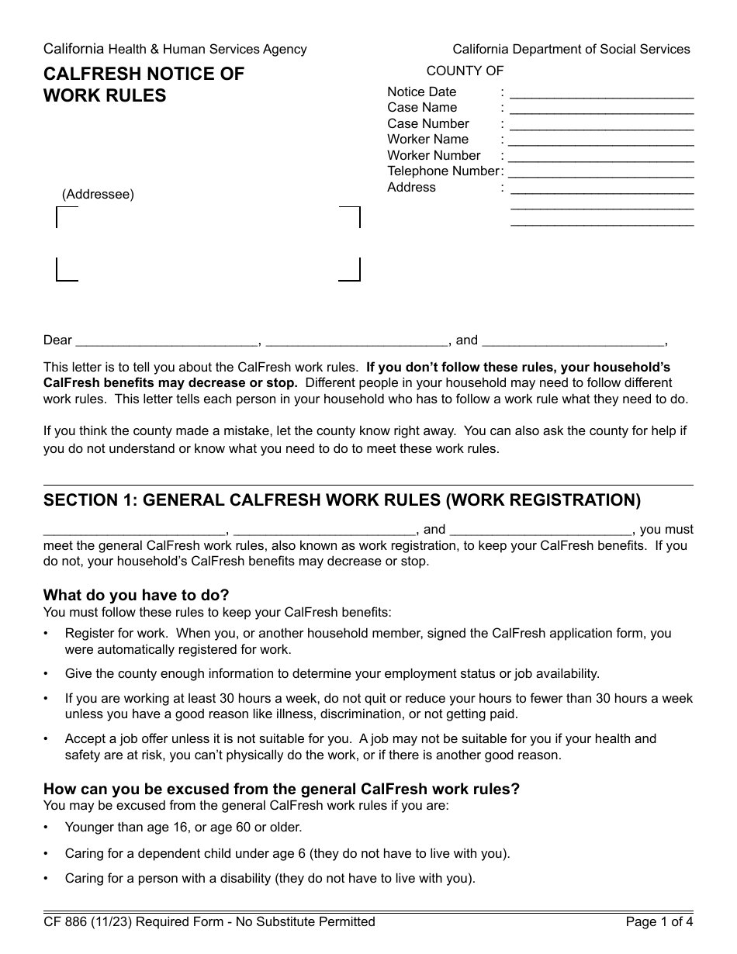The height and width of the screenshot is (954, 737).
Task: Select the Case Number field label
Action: coord(428,123)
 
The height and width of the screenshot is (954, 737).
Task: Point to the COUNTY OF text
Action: coord(465,71)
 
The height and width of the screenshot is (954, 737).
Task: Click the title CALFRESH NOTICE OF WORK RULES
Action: coord(144,85)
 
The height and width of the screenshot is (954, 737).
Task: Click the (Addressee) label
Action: coord(98,194)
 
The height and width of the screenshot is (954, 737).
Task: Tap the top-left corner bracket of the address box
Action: coord(66,217)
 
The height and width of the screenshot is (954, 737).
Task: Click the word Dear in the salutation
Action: coord(57,340)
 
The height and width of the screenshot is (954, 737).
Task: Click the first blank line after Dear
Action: coord(168,342)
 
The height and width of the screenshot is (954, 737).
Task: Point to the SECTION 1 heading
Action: coord(342,500)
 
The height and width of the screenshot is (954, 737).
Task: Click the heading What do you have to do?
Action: coord(137,595)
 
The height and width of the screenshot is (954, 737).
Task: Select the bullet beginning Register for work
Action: coord(368,641)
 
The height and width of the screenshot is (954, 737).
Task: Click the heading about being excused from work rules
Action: coord(282,789)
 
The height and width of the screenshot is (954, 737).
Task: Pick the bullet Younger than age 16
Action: coord(183,827)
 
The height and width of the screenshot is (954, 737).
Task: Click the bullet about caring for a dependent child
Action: coord(287,853)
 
